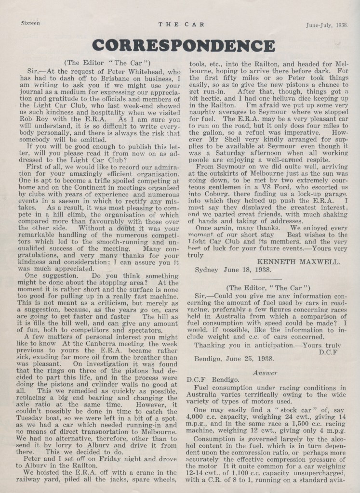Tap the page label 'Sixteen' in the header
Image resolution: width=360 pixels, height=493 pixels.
[x=30, y=23]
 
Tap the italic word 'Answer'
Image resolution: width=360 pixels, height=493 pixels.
[x=265, y=372]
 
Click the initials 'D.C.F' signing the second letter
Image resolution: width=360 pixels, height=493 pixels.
[x=328, y=352]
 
